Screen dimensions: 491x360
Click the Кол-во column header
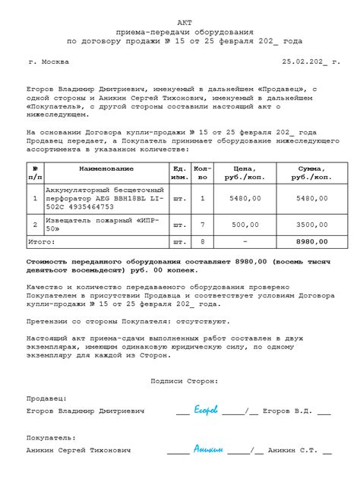(x=201, y=172)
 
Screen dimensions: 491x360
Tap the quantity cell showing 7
(x=201, y=225)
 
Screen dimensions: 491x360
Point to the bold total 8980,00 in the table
(x=311, y=242)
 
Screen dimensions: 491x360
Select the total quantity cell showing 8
(x=201, y=242)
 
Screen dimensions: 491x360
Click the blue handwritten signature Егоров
(x=206, y=411)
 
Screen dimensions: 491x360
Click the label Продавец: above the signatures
(x=46, y=398)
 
